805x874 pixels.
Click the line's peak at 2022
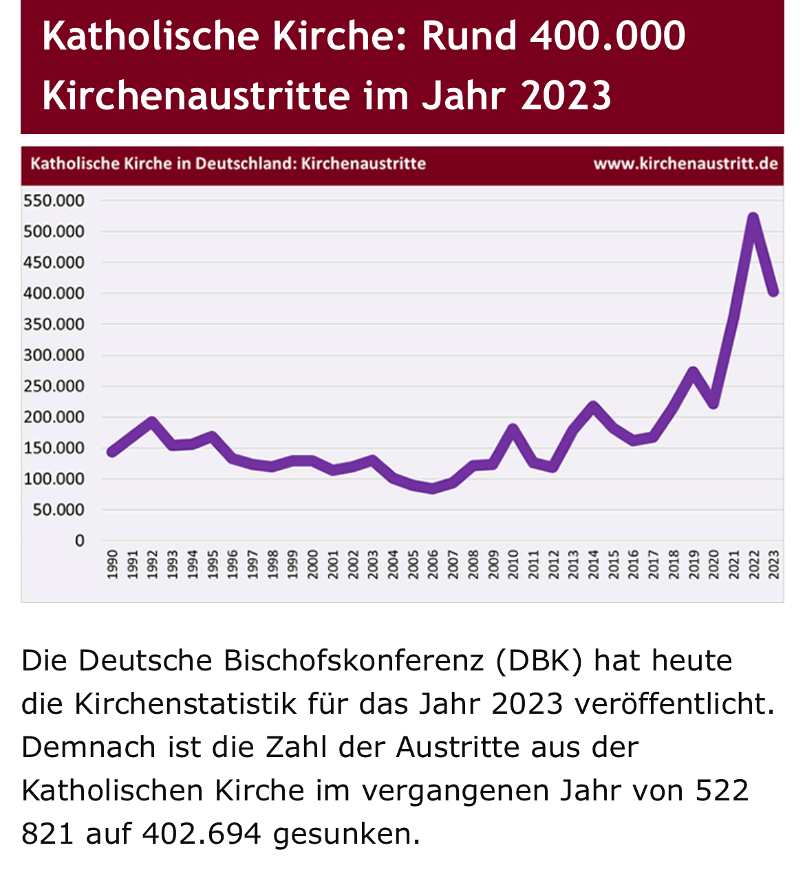[x=753, y=219]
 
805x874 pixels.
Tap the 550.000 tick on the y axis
[x=54, y=201]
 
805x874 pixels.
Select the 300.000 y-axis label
[x=54, y=356]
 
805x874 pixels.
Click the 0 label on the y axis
[x=80, y=541]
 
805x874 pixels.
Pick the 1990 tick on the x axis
[x=112, y=564]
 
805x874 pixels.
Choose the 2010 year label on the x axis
[x=513, y=564]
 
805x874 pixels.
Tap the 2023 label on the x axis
[x=773, y=564]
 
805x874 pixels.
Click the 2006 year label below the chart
[x=433, y=564]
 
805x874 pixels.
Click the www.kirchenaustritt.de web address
[x=685, y=164]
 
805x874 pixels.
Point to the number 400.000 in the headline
[x=608, y=36]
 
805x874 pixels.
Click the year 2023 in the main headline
[x=566, y=95]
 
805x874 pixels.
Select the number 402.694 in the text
[x=202, y=834]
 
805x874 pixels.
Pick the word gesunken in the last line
[x=346, y=834]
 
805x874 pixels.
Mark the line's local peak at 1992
[x=152, y=421]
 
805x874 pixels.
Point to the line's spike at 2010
[x=513, y=428]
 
